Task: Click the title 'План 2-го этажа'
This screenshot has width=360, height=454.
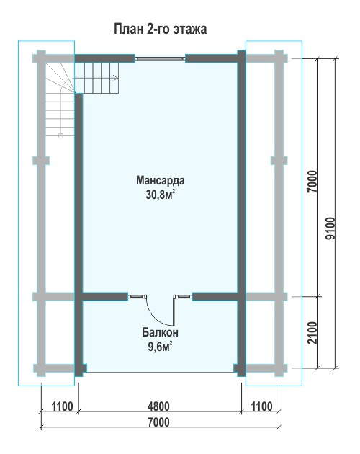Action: pos(160,30)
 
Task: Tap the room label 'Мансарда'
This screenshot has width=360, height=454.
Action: pos(161,180)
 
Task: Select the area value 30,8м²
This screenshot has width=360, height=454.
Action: pos(161,195)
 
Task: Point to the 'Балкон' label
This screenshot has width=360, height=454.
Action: pos(160,332)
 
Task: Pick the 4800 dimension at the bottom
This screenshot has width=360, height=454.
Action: pos(158,406)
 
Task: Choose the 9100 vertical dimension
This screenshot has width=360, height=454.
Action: pos(330,228)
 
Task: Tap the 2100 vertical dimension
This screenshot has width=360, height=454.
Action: pos(312,333)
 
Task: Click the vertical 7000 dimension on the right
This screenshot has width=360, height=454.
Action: pos(312,182)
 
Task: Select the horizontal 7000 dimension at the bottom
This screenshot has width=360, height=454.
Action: pos(158,422)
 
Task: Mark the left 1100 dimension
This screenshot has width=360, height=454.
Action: pos(62,406)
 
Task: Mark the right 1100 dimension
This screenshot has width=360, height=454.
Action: pos(261,406)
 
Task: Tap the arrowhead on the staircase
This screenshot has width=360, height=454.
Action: pos(117,78)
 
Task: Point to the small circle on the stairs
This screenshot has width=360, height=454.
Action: pos(60,135)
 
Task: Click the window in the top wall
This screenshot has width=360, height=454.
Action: pos(160,58)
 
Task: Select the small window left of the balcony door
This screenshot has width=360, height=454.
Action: pos(138,296)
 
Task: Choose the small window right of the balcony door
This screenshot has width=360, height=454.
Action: pos(183,296)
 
